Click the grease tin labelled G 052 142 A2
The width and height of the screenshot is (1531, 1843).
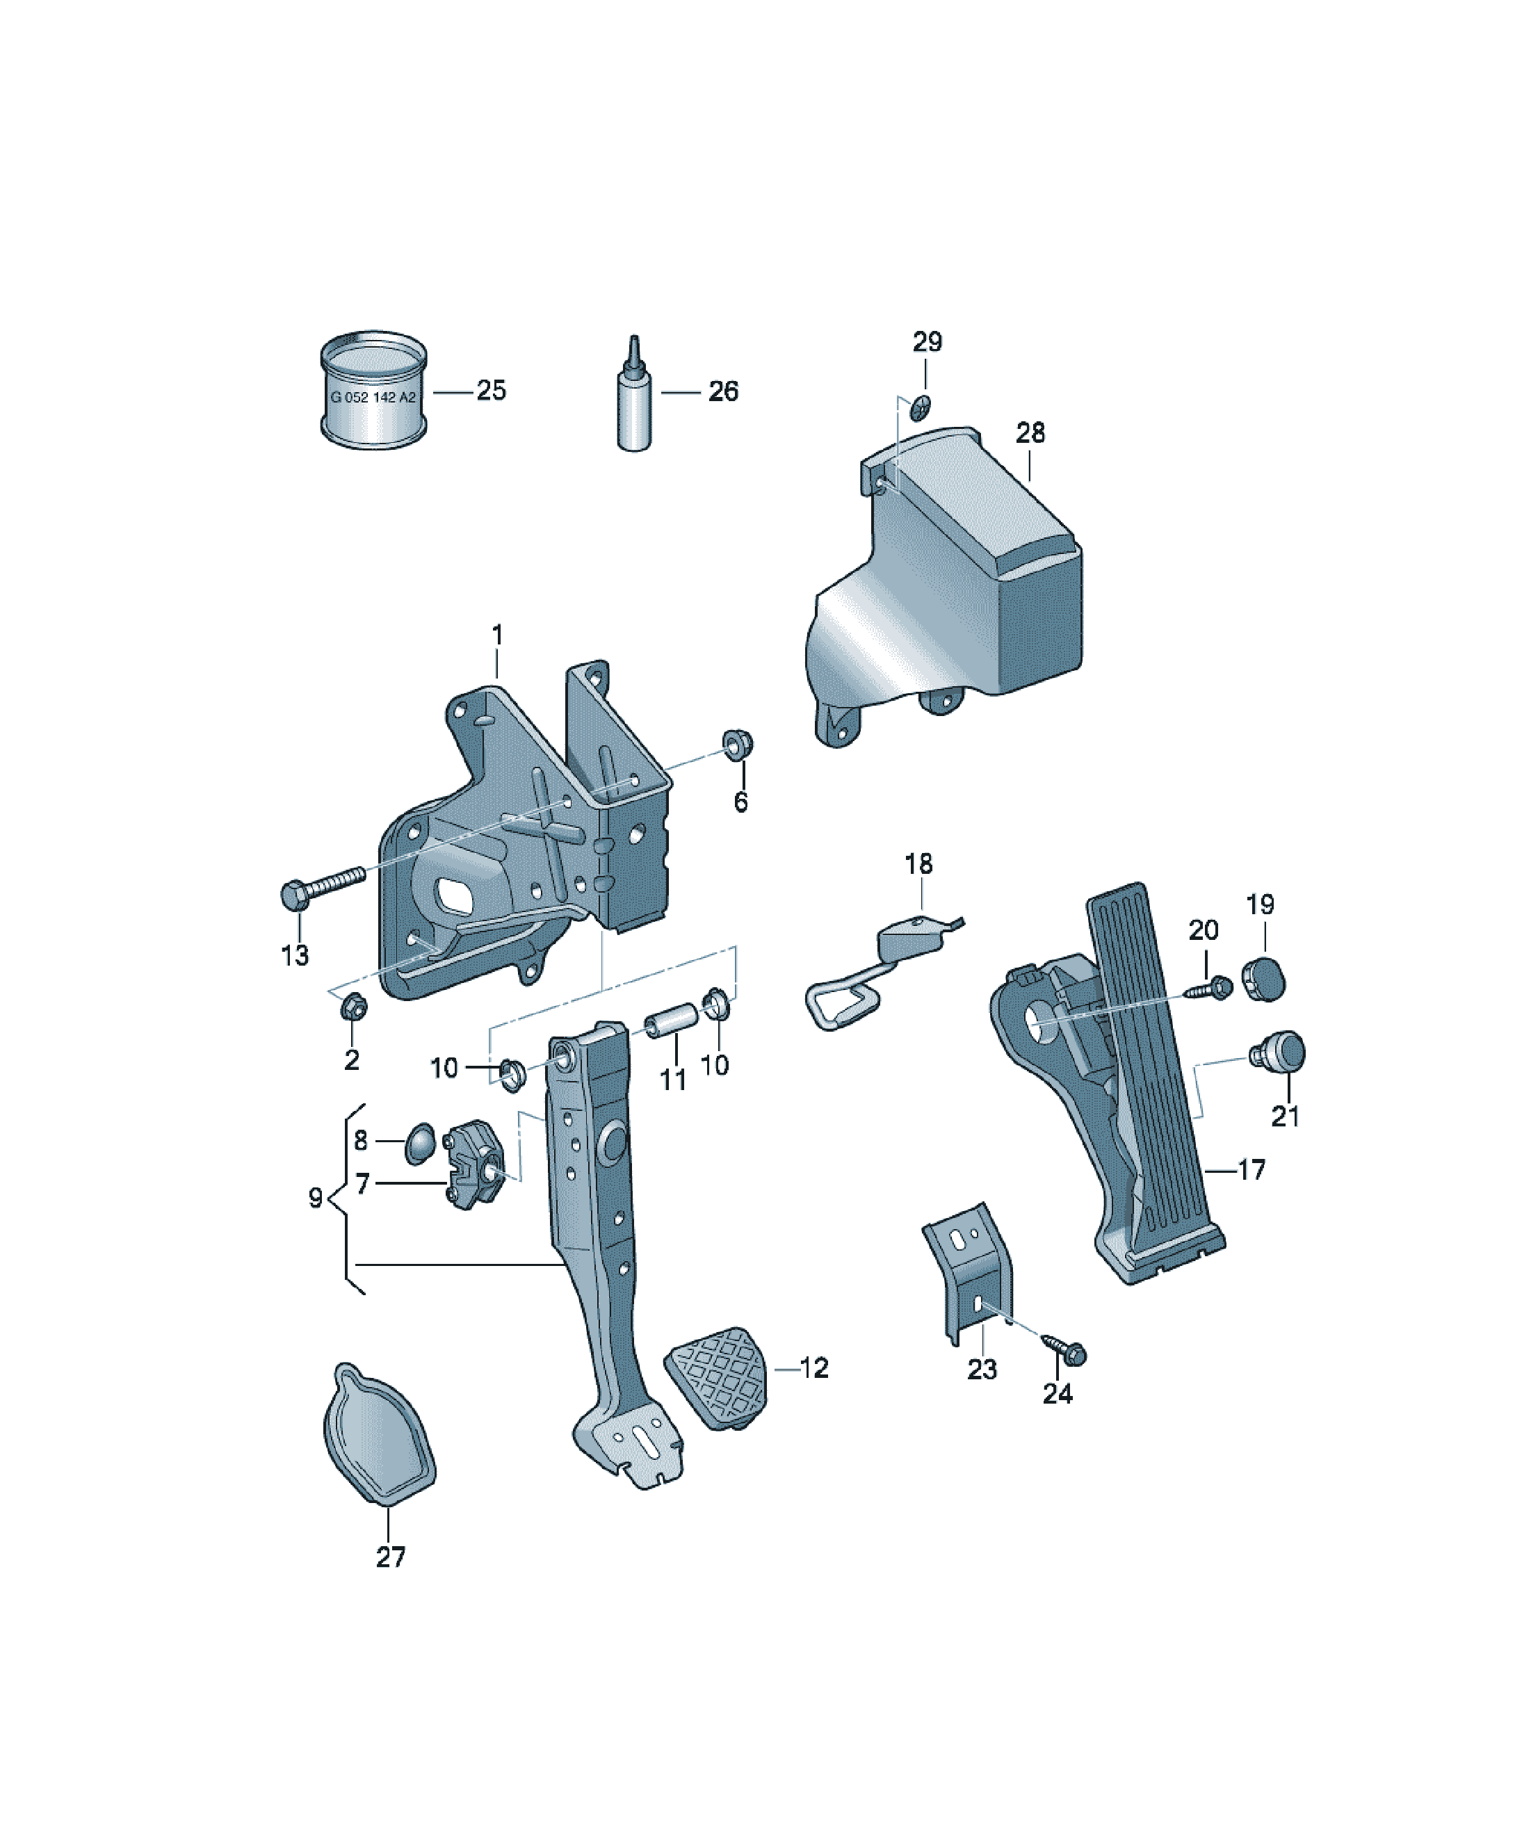374,391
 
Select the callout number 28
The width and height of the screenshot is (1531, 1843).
1030,432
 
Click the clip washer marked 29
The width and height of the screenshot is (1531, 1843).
921,408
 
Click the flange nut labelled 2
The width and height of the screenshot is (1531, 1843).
354,1007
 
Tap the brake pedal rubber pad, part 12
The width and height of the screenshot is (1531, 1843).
716,1378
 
